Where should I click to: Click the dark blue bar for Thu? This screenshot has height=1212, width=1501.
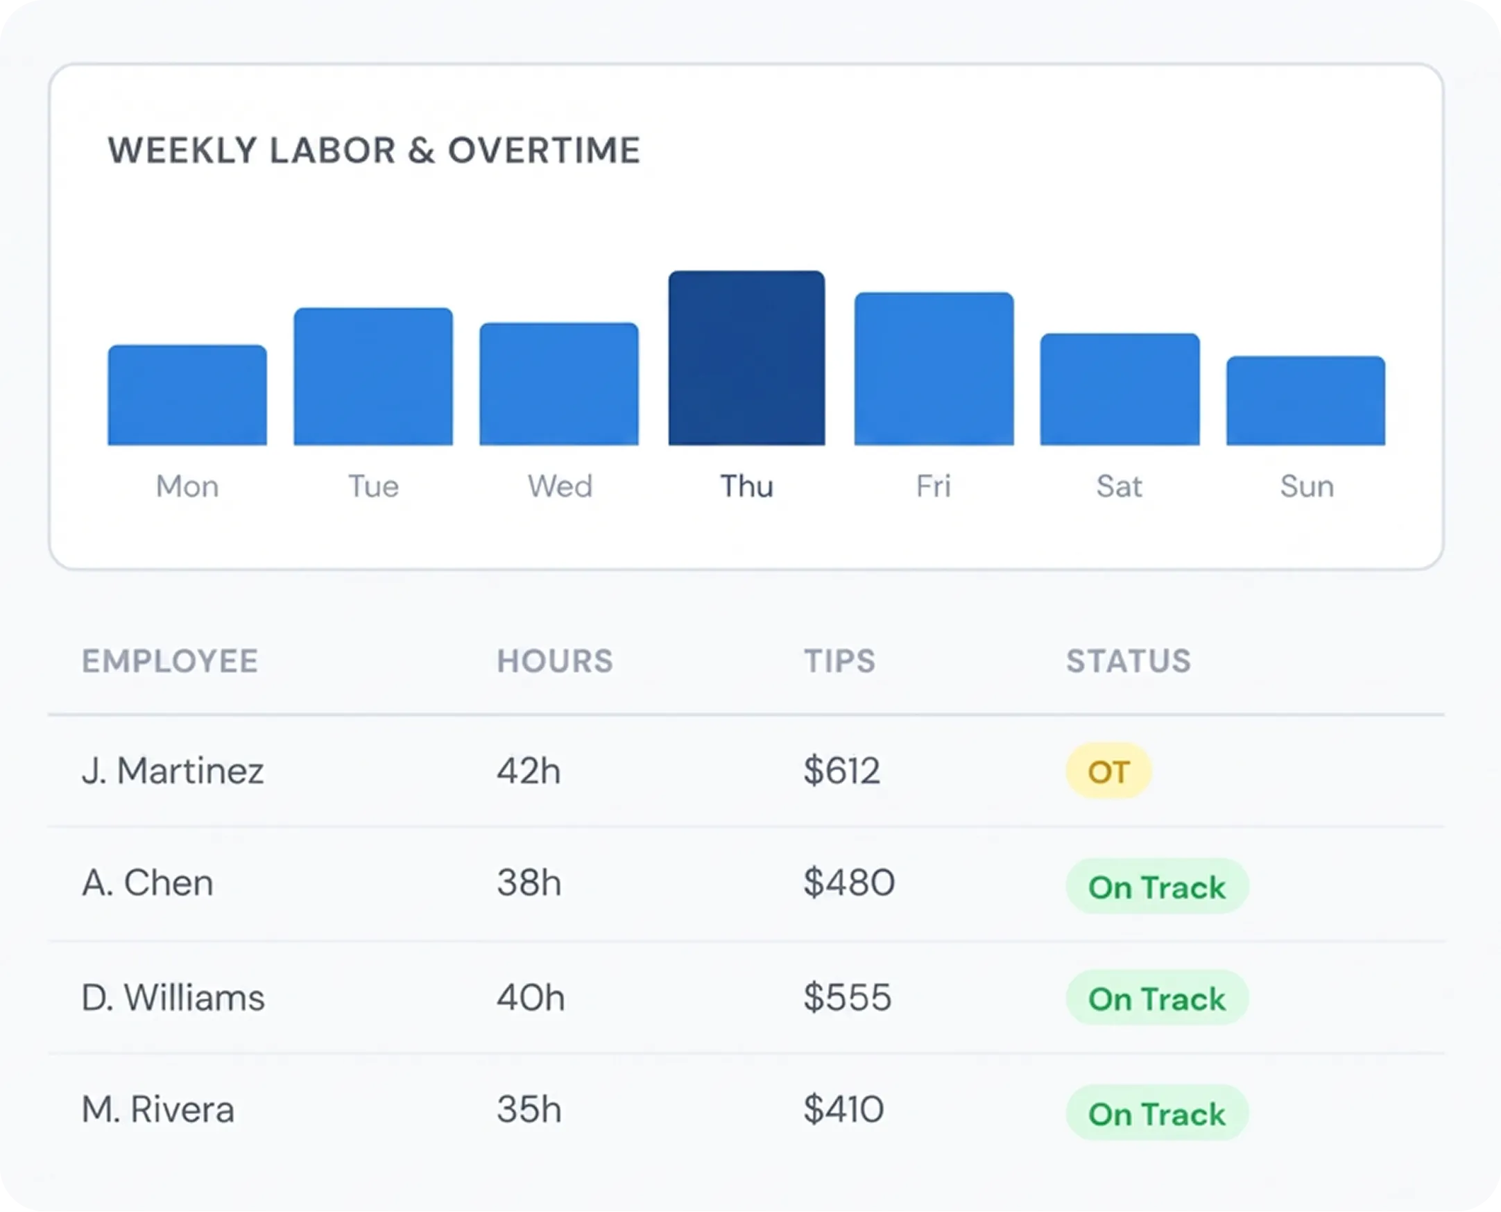tap(746, 358)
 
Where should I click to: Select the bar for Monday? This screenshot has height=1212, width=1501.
tap(187, 395)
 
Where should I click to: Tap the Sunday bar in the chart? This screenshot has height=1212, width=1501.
tap(1305, 401)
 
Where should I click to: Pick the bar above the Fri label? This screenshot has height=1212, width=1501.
tap(934, 368)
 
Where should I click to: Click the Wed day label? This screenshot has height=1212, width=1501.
tap(560, 486)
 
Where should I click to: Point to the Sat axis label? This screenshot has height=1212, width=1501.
tap(1119, 486)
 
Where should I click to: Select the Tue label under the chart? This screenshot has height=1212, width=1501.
tap(373, 486)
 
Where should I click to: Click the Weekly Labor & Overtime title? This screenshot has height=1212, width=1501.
tap(373, 151)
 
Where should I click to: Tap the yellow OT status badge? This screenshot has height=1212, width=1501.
tap(1108, 771)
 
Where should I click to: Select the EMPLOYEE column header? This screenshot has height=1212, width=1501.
tap(170, 661)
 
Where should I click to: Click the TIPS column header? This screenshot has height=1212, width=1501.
tap(839, 661)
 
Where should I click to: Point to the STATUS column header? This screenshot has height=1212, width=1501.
tap(1129, 661)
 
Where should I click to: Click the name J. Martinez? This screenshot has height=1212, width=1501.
tap(173, 771)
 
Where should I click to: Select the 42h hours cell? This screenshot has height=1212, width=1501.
tap(529, 771)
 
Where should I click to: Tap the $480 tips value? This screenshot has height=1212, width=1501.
tap(848, 882)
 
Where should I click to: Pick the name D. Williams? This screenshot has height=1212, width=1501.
tap(173, 997)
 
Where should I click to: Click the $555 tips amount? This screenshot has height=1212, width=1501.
tap(847, 997)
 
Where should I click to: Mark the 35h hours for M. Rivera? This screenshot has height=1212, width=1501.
tap(529, 1109)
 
